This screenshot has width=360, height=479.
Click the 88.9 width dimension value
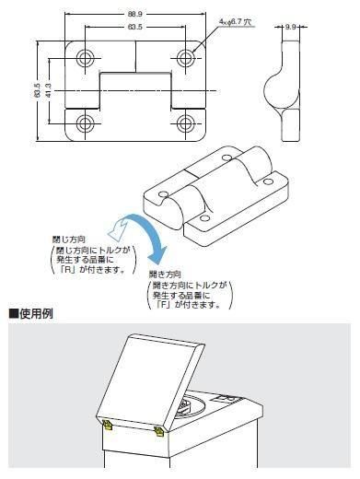pyautogui.click(x=135, y=14)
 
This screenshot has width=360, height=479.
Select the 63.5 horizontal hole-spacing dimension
pyautogui.click(x=135, y=27)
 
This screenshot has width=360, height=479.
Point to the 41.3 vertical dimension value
pyautogui.click(x=48, y=91)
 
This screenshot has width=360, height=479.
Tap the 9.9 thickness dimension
pyautogui.click(x=290, y=27)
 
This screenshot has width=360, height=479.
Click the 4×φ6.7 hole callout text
pyautogui.click(x=235, y=22)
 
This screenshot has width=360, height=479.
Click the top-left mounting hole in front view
pyautogui.click(x=86, y=57)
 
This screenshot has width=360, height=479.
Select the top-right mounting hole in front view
pyautogui.click(x=185, y=57)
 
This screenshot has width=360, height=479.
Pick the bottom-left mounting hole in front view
pyautogui.click(x=86, y=123)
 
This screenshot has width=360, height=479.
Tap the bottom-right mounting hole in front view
pyautogui.click(x=185, y=123)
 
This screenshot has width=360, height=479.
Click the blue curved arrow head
pyautogui.click(x=157, y=254)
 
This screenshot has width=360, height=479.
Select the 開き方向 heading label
pyautogui.click(x=165, y=275)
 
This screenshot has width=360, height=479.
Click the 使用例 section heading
pyautogui.click(x=31, y=314)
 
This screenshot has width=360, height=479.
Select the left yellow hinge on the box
pyautogui.click(x=108, y=426)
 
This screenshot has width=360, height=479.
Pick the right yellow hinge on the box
pyautogui.click(x=159, y=431)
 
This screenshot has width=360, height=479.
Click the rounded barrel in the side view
pyautogui.click(x=281, y=91)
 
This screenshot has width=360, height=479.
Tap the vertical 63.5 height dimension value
pyautogui.click(x=37, y=91)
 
